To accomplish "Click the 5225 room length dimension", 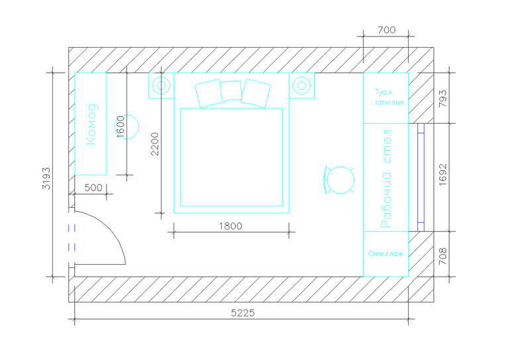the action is click(x=242, y=313).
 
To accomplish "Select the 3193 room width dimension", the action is click(x=46, y=179).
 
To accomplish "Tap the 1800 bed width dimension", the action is click(x=230, y=226).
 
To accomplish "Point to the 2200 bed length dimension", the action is click(x=155, y=144).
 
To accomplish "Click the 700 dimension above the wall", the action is click(x=387, y=30).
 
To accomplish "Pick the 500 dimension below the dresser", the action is click(x=93, y=187).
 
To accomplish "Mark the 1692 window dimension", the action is click(x=442, y=175).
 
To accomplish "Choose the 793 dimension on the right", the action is click(x=442, y=99).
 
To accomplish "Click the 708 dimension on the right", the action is click(x=442, y=256).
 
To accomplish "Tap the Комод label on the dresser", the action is click(x=91, y=124).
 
